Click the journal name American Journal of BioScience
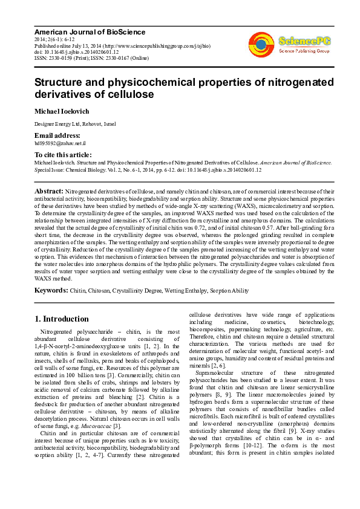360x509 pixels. pyautogui.click(x=81, y=30)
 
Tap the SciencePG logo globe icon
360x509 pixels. pyautogui.click(x=261, y=44)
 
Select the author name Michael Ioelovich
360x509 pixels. pyautogui.click(x=62, y=111)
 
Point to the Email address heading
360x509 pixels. pyautogui.click(x=57, y=135)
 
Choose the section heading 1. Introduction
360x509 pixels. pyautogui.click(x=62, y=319)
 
